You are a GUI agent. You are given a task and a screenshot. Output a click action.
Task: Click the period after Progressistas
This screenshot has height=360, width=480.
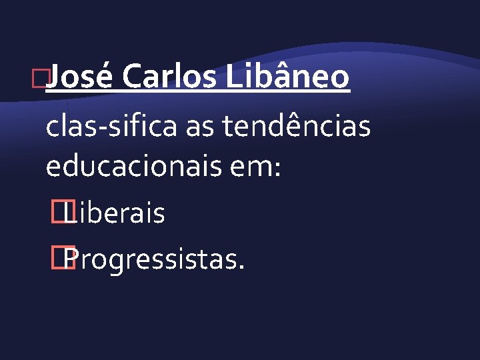pyautogui.click(x=241, y=268)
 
